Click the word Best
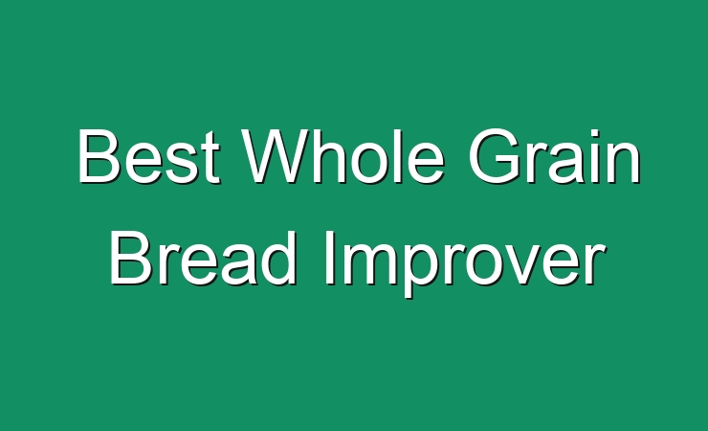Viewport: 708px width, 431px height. pyautogui.click(x=149, y=156)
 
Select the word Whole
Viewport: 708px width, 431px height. pyautogui.click(x=343, y=156)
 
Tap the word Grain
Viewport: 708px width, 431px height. pyautogui.click(x=555, y=156)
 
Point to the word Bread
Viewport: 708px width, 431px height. pyautogui.click(x=203, y=258)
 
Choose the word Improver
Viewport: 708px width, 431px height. pyautogui.click(x=465, y=263)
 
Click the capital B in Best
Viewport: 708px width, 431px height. pyautogui.click(x=99, y=156)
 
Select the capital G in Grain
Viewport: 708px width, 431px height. pyautogui.click(x=493, y=156)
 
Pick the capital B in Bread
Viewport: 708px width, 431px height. pyautogui.click(x=130, y=258)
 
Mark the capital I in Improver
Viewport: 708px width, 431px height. pyautogui.click(x=329, y=258)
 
